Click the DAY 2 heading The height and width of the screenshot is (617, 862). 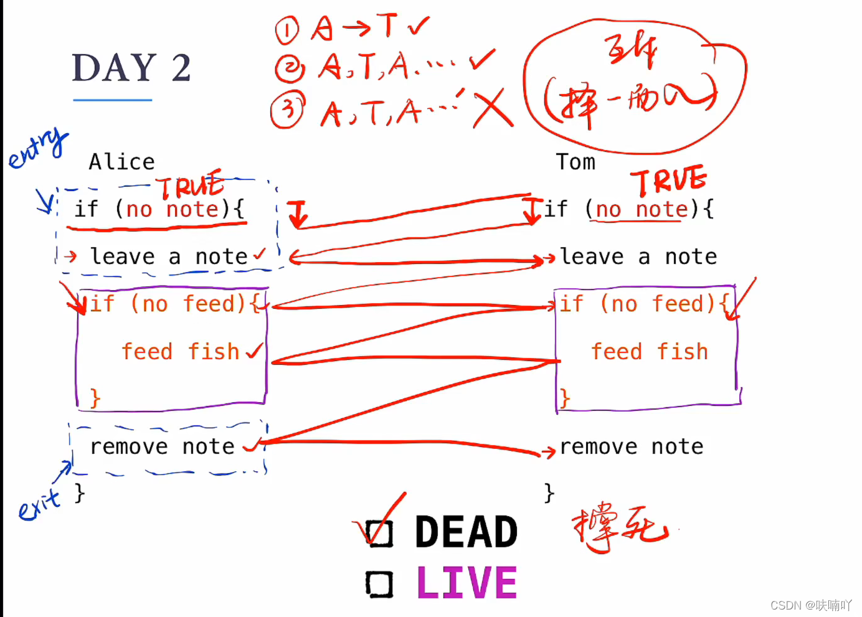(x=131, y=68)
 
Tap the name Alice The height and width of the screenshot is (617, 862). (x=121, y=162)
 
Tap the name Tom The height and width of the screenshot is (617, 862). (x=575, y=162)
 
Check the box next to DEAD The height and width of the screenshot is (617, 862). (x=380, y=534)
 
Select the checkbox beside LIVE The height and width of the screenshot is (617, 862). (x=379, y=585)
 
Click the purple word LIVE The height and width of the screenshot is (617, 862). (x=467, y=583)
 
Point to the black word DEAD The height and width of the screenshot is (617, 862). (x=466, y=532)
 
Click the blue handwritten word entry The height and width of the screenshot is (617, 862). (x=37, y=149)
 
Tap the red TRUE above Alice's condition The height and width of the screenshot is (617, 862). (x=190, y=186)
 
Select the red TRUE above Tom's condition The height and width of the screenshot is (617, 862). (x=668, y=181)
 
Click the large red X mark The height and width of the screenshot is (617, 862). (x=493, y=109)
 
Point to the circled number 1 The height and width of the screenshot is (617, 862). (x=287, y=31)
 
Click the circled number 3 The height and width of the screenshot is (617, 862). (x=288, y=110)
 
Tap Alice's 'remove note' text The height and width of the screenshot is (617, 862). (x=163, y=446)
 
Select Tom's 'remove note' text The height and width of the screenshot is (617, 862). (x=632, y=446)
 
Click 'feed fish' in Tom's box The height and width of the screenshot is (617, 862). (x=650, y=352)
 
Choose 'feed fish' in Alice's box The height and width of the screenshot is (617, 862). (x=181, y=352)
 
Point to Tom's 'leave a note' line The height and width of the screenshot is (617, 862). (x=638, y=257)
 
